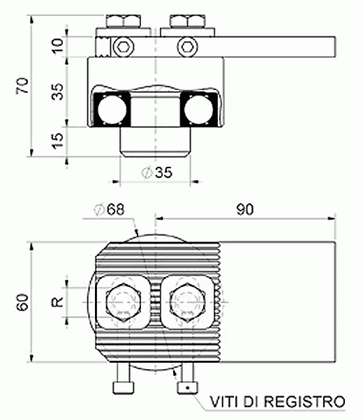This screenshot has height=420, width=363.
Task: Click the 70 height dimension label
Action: click(x=22, y=85)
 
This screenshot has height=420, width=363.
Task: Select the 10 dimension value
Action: click(x=58, y=46)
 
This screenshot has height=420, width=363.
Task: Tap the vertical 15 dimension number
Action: click(x=58, y=141)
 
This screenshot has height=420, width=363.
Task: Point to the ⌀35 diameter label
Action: click(x=157, y=172)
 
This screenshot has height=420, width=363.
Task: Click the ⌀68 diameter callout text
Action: click(x=109, y=209)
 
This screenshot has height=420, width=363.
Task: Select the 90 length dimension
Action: click(x=245, y=209)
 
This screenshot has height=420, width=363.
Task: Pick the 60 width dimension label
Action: click(x=22, y=302)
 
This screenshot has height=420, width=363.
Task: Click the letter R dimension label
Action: click(x=58, y=302)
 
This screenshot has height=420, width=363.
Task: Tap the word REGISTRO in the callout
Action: click(x=306, y=402)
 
